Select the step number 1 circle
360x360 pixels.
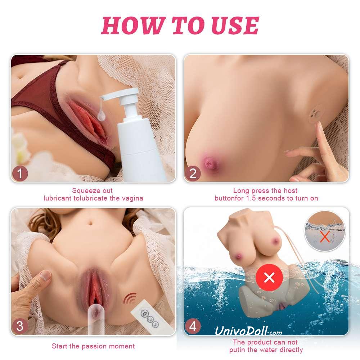20,174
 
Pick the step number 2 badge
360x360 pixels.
193,174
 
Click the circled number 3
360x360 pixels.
20,326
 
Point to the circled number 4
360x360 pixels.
193,326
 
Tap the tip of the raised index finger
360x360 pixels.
319,124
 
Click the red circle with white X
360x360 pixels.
269,277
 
